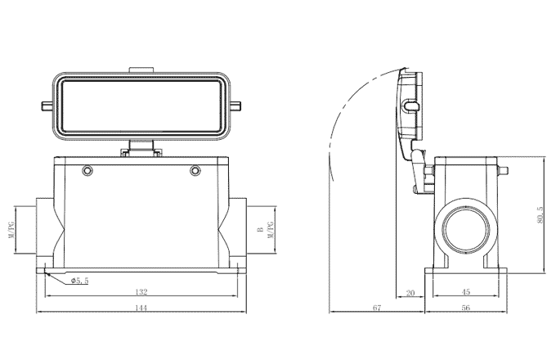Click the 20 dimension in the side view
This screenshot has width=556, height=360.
(410, 291)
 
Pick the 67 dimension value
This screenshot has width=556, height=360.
(376, 308)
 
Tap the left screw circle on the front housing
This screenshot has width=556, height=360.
(85, 170)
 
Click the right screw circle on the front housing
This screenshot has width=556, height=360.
(195, 170)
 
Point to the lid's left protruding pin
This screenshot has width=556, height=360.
(45, 106)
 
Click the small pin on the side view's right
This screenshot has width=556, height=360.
(504, 171)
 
